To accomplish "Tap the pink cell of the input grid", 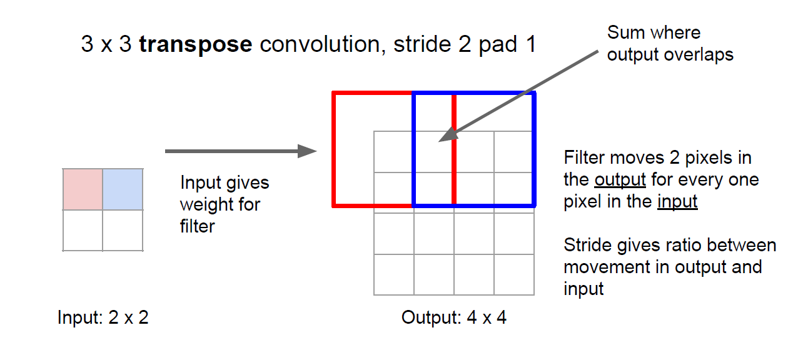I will [83, 189].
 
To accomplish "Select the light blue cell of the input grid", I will [123, 189].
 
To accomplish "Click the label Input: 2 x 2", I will [103, 318].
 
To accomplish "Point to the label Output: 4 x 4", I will [453, 318].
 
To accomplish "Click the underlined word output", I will [620, 180].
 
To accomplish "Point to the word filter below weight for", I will [197, 226].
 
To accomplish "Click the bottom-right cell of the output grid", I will [514, 274].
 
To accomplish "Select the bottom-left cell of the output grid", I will [394, 274].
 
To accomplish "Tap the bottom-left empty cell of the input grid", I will [83, 230].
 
